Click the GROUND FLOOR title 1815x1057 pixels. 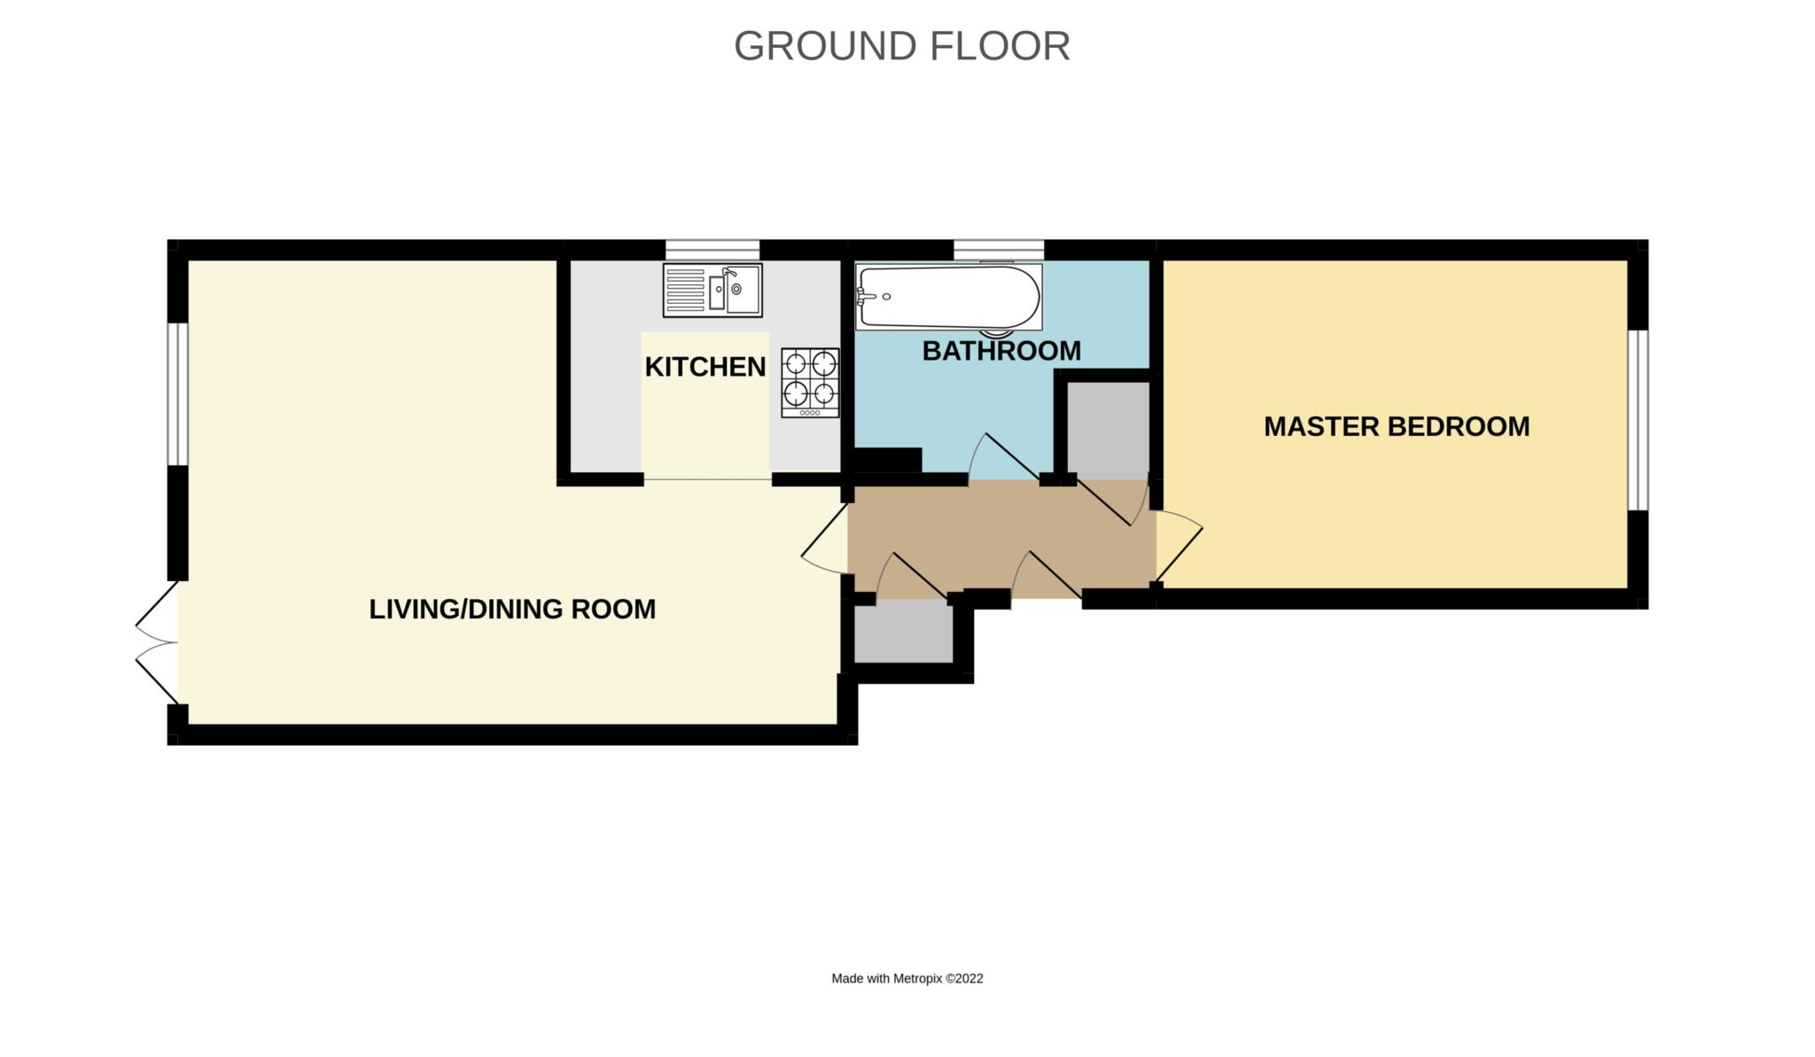tap(901, 46)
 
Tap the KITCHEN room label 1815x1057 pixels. tap(705, 367)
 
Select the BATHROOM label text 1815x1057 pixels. tap(1001, 351)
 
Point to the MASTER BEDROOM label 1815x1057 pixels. tap(1396, 426)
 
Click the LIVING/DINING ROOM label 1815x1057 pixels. tap(512, 609)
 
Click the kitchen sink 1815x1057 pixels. tap(713, 290)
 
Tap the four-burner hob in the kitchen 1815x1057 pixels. tap(810, 383)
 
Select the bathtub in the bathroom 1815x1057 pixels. tap(948, 297)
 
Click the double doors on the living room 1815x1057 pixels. tap(157, 642)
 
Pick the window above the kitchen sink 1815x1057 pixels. tap(713, 250)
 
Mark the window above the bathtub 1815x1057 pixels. tap(999, 250)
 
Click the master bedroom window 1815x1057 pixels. tap(1638, 420)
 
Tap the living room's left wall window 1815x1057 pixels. tap(178, 393)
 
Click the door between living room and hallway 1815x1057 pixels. tap(824, 540)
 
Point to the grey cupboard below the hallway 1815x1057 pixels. tap(902, 631)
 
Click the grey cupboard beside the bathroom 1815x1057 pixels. tap(1108, 431)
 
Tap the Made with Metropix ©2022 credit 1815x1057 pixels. tap(907, 978)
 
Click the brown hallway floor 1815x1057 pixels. tap(1001, 539)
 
